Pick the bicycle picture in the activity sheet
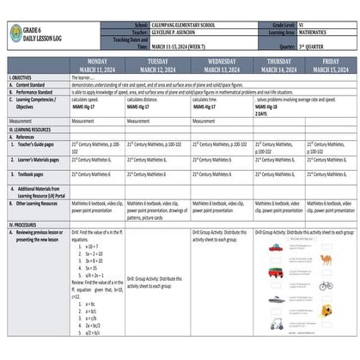(x=325, y=285)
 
